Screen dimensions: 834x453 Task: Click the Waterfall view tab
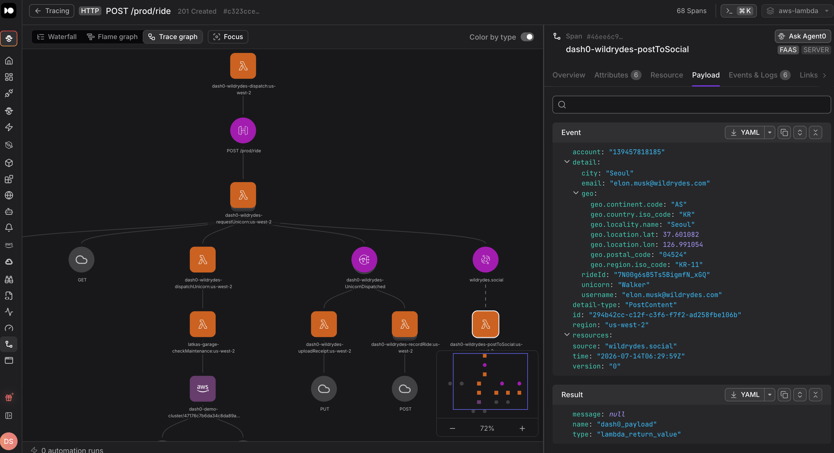click(57, 37)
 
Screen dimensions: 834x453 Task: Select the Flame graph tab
click(112, 37)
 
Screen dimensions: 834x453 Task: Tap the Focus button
click(228, 37)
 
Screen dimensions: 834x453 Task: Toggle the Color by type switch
click(527, 37)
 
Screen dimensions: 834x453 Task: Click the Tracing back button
click(52, 11)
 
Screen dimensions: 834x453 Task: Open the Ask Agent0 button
click(803, 36)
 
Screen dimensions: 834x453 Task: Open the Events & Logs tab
click(759, 75)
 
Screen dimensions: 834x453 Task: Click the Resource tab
click(667, 75)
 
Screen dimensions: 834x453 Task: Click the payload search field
click(692, 104)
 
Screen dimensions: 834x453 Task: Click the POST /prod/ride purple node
click(243, 130)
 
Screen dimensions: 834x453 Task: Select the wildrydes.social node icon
click(485, 260)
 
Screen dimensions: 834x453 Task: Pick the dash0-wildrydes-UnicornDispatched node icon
click(364, 260)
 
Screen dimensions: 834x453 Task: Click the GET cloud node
click(81, 260)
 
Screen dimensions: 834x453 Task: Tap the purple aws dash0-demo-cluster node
click(203, 389)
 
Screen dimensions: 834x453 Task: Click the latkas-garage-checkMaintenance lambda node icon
click(203, 324)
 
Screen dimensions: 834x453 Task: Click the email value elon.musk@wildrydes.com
click(660, 183)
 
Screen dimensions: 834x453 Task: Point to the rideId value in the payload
click(662, 275)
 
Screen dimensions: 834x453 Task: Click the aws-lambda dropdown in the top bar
click(797, 11)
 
